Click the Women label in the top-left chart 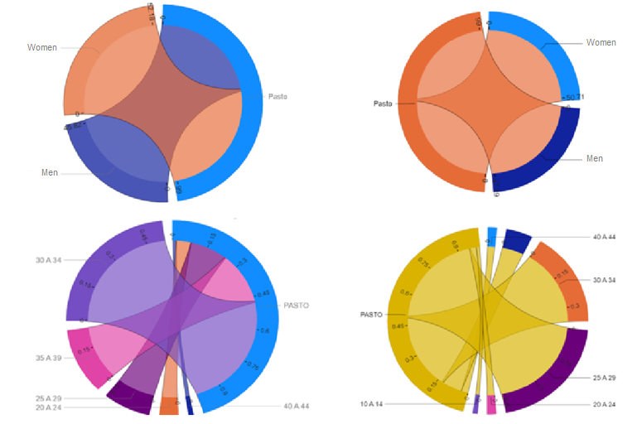(x=41, y=47)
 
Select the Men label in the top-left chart (x=49, y=172)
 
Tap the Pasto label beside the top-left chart (x=278, y=97)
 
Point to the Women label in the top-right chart (x=601, y=42)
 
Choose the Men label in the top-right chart (x=594, y=158)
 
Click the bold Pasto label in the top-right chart (x=382, y=104)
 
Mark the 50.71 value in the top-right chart (x=574, y=97)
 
